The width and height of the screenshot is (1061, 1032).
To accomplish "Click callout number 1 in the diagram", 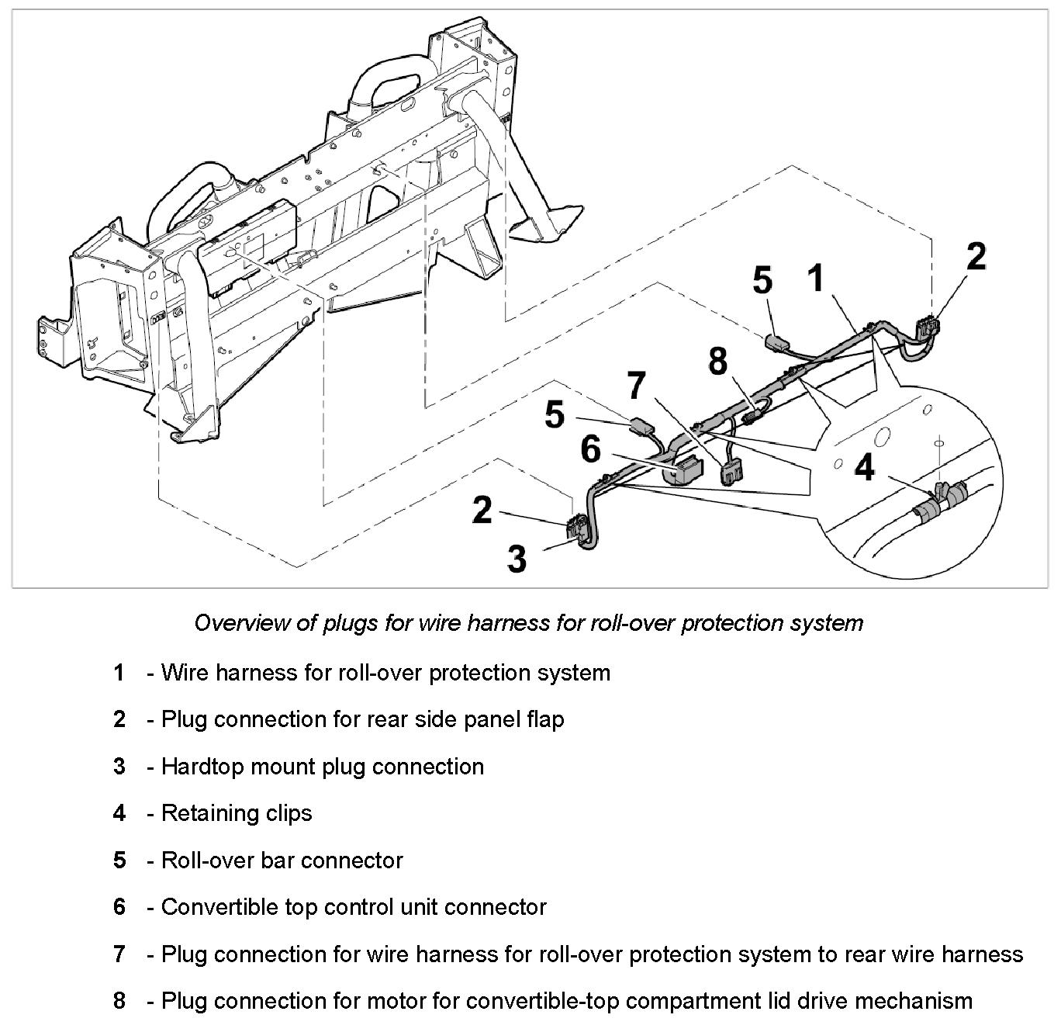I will pyautogui.click(x=815, y=278).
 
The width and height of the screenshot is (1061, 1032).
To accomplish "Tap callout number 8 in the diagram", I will pyautogui.click(x=718, y=362).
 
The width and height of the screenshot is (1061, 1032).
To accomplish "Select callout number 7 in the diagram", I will pyautogui.click(x=636, y=386).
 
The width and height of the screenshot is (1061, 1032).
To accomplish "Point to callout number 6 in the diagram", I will pyautogui.click(x=591, y=448).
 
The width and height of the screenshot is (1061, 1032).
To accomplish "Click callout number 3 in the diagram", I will pyautogui.click(x=517, y=558).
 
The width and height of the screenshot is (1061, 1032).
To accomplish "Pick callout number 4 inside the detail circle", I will pyautogui.click(x=865, y=468).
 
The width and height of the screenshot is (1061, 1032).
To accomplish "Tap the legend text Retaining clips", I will pyautogui.click(x=237, y=813).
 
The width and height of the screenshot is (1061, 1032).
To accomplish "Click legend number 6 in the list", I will pyautogui.click(x=119, y=907).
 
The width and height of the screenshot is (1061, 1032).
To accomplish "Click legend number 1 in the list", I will pyautogui.click(x=119, y=672).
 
